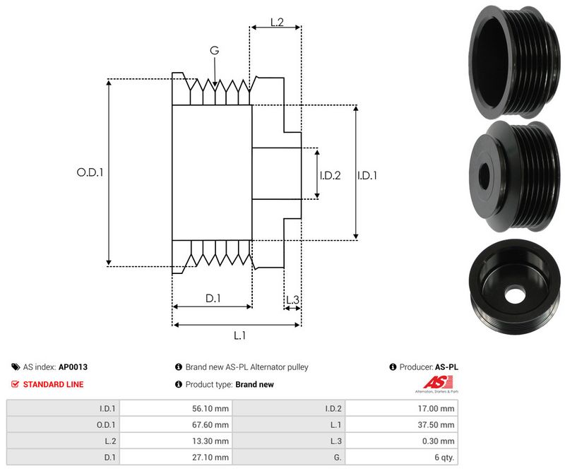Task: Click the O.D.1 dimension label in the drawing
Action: pyautogui.click(x=90, y=172)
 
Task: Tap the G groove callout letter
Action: pyautogui.click(x=215, y=51)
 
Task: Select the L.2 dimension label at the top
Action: pyautogui.click(x=276, y=23)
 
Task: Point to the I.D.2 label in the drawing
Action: pyautogui.click(x=330, y=175)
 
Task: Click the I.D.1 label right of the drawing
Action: pyautogui.click(x=367, y=175)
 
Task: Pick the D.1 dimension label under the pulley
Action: pyautogui.click(x=213, y=299)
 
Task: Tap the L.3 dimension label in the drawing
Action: pyautogui.click(x=292, y=301)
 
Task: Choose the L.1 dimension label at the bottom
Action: pyautogui.click(x=239, y=335)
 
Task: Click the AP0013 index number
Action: pyautogui.click(x=73, y=367)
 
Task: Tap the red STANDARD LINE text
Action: pyautogui.click(x=53, y=384)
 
